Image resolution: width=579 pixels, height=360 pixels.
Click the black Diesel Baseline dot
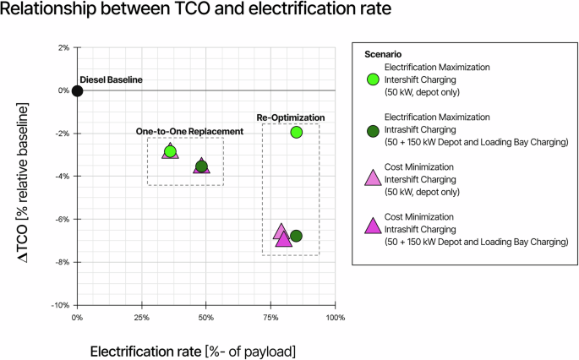[x=77, y=90]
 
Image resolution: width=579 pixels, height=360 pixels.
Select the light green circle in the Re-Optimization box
[x=296, y=132]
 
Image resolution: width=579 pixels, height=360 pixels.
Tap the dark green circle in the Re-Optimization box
[x=296, y=236]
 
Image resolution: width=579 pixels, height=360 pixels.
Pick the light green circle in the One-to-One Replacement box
[x=170, y=151]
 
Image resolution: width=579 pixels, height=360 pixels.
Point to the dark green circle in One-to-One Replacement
[x=201, y=166]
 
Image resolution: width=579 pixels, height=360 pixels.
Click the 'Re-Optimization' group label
[x=290, y=117]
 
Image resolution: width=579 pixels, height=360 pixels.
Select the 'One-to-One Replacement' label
[x=190, y=131]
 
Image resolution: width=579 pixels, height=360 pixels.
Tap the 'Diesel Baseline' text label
[x=112, y=79]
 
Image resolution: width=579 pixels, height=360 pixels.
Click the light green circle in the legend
[x=372, y=79]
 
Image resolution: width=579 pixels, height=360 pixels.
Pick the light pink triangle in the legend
[x=372, y=178]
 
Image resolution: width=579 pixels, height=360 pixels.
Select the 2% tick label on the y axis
[x=62, y=47]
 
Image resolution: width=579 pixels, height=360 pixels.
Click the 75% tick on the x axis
[x=270, y=318]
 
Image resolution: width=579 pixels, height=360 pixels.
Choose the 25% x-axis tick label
[x=141, y=318]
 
